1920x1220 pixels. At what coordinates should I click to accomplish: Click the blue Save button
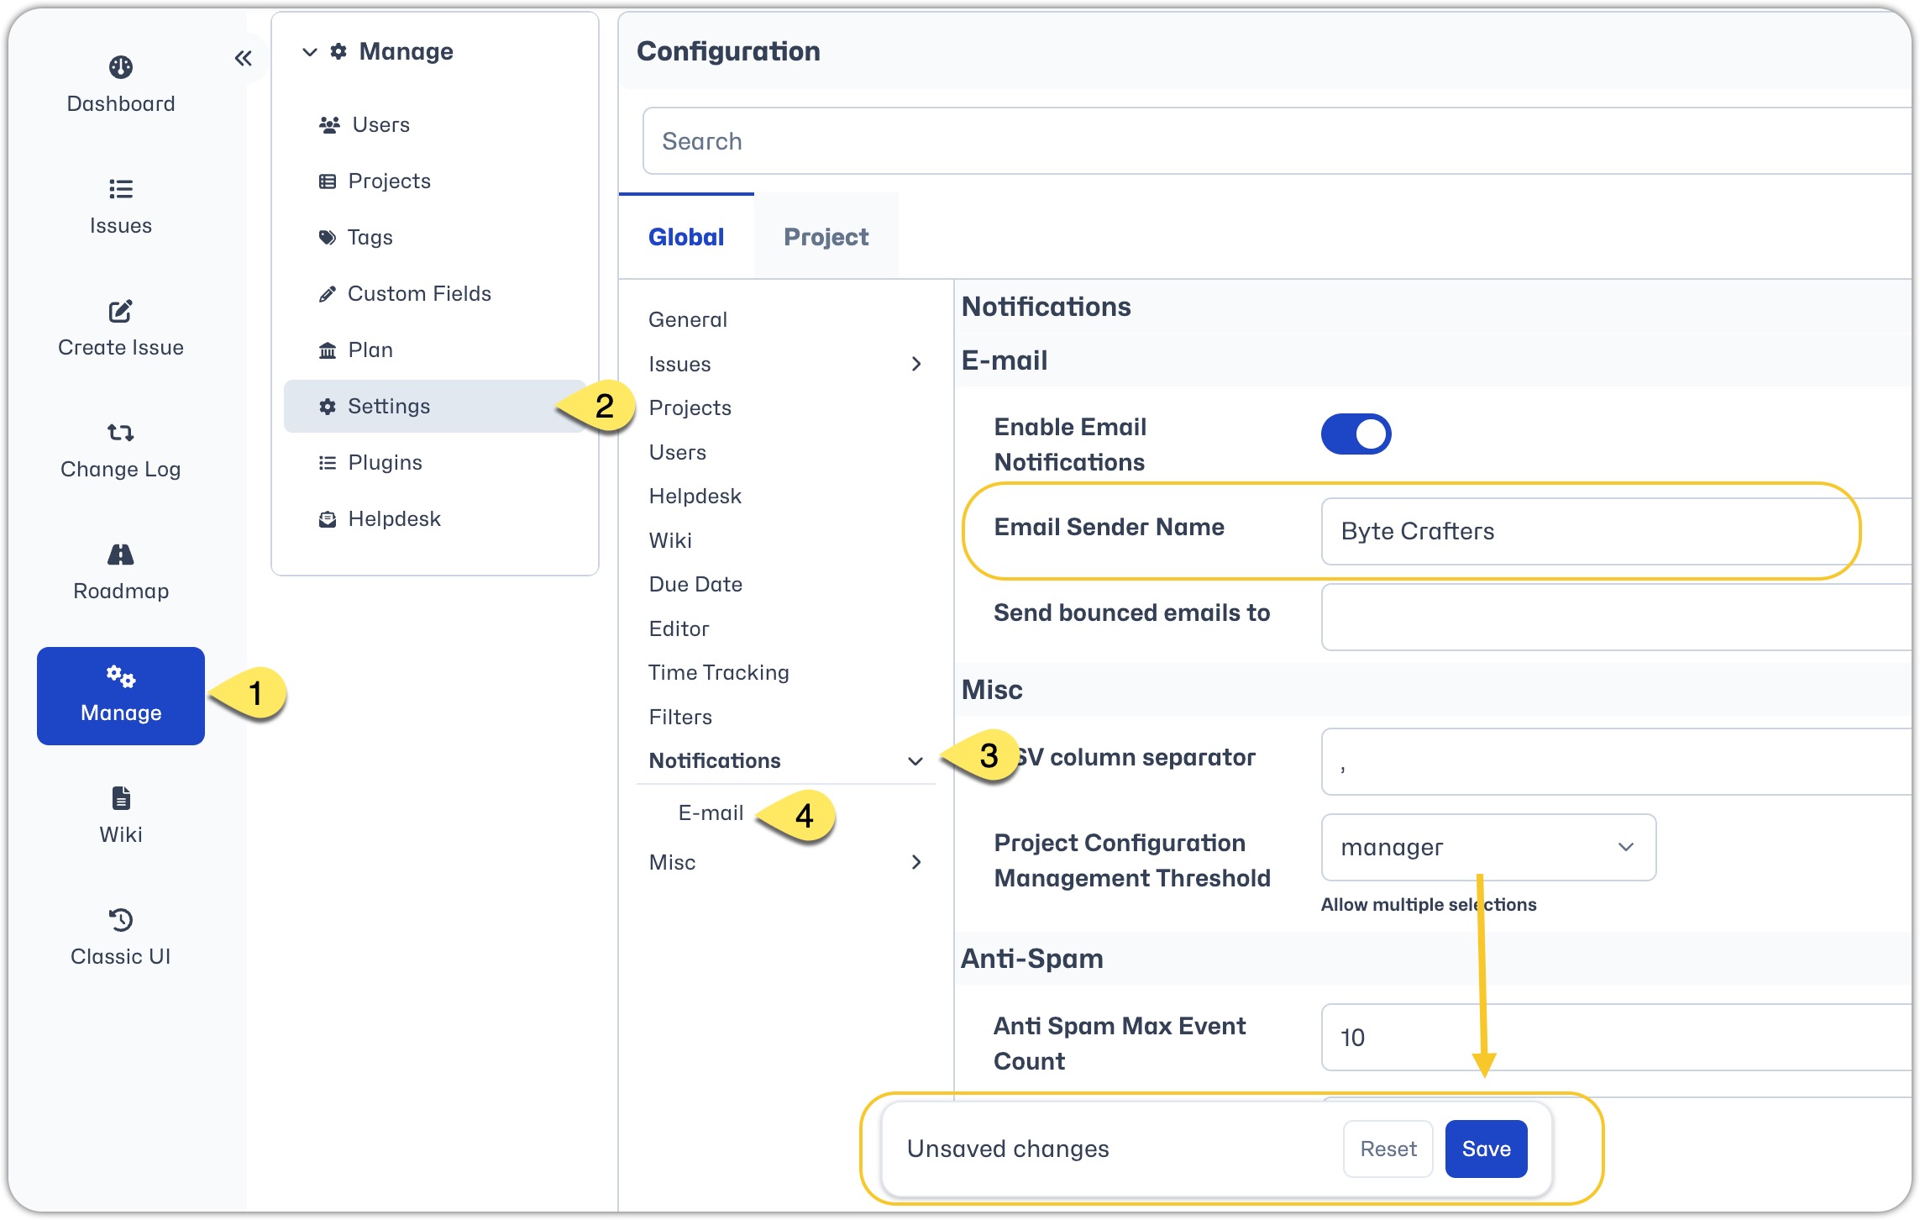coord(1486,1149)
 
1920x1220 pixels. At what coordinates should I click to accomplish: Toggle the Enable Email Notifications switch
coord(1356,434)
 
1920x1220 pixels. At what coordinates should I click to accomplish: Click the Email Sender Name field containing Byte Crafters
coord(1617,531)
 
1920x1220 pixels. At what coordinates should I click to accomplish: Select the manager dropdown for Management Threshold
coord(1488,847)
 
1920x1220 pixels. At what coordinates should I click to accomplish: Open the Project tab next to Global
coord(826,237)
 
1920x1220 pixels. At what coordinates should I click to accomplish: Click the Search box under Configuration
coord(1277,141)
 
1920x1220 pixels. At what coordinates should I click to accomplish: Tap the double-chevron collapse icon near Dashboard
coord(244,58)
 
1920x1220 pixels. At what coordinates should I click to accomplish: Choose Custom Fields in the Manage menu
coord(419,293)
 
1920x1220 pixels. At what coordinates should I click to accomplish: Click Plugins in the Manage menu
coord(385,462)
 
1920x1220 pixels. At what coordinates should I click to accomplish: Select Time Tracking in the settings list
coord(719,672)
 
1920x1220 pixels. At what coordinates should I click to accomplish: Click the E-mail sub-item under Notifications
coord(711,812)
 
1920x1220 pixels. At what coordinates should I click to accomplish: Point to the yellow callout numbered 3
coord(982,755)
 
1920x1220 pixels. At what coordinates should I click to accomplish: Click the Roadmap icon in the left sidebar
coord(121,555)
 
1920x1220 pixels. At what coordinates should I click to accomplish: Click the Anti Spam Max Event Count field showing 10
coord(1617,1038)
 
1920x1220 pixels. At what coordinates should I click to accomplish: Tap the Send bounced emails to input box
coord(1617,617)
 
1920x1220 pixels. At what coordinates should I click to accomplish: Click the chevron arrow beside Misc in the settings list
coord(916,862)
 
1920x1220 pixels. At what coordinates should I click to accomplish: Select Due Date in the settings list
coord(695,584)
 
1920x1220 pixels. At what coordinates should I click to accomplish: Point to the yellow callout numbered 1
coord(249,693)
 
